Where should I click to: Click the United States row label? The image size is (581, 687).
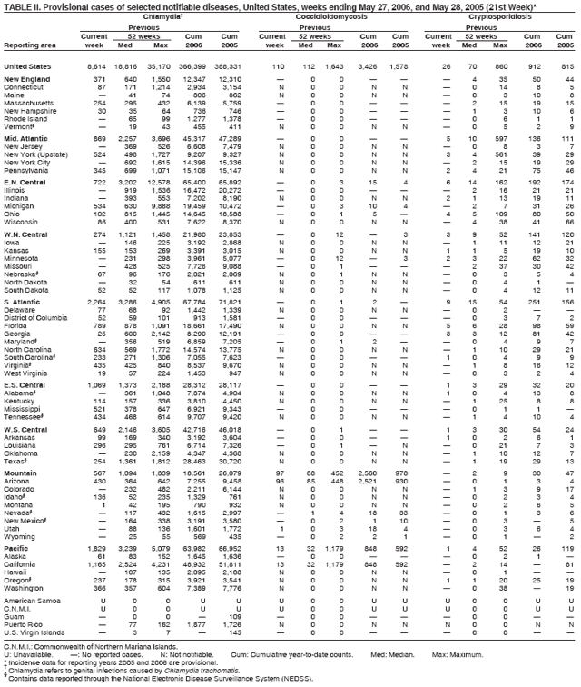(x=28, y=66)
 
